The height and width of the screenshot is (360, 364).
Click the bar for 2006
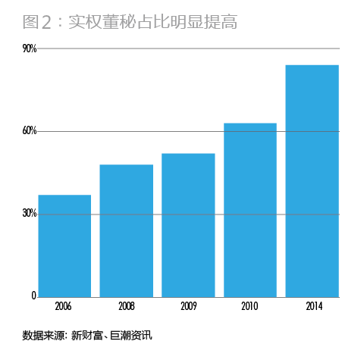[64, 246]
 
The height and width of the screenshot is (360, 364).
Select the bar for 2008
[126, 230]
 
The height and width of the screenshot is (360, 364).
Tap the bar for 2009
[188, 225]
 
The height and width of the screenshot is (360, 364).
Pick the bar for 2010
[250, 210]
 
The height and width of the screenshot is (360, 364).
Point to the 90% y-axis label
[30, 49]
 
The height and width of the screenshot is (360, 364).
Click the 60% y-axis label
[30, 131]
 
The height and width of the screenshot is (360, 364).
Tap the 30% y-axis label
[30, 214]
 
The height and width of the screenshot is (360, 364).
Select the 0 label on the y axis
[34, 296]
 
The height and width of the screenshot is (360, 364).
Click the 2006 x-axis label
[64, 307]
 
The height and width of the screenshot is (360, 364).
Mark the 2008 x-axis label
[126, 307]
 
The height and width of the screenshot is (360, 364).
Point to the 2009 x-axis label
[188, 307]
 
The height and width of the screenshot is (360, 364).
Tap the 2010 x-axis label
[250, 307]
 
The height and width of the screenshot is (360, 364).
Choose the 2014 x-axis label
[312, 307]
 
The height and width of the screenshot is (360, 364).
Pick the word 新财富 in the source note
[88, 334]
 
